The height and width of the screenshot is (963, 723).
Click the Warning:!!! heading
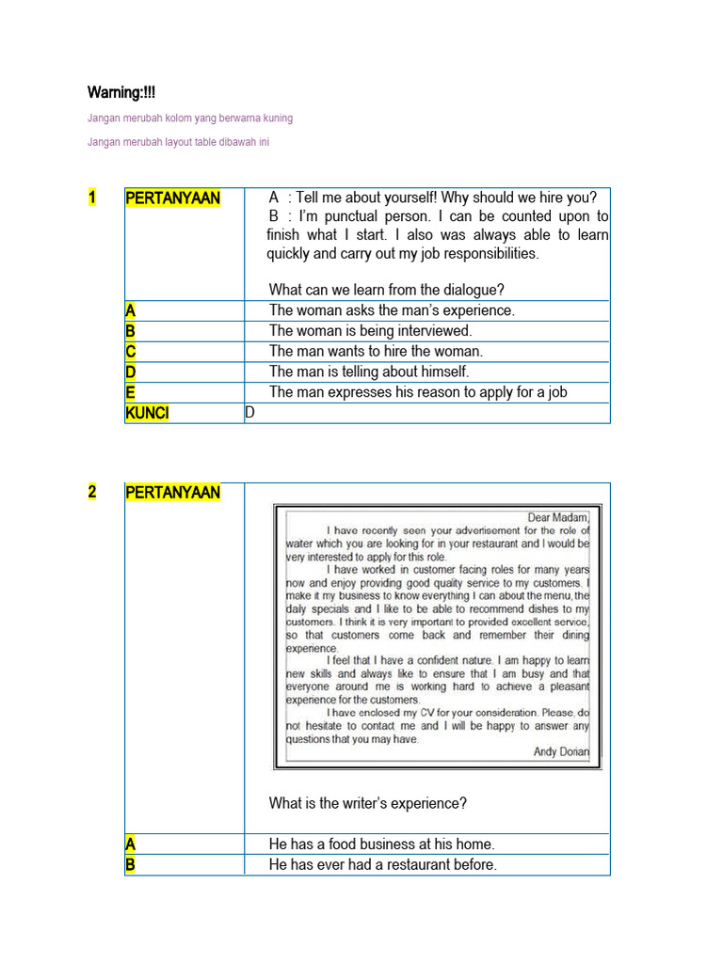[x=121, y=92]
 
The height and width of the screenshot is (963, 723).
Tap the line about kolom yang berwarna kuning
[x=189, y=118]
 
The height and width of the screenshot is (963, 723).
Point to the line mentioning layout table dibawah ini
[x=178, y=142]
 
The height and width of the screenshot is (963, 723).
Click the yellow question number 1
[x=92, y=197]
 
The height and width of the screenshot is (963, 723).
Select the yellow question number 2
[x=92, y=492]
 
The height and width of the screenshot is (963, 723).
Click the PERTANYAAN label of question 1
[x=172, y=197]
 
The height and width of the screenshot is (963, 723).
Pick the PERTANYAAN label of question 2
[x=172, y=492]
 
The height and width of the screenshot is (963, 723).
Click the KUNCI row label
[x=148, y=413]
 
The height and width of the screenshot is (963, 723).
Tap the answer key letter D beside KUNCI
[x=249, y=413]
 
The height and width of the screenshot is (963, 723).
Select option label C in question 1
[x=131, y=351]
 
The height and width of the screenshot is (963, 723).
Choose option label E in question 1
[x=131, y=392]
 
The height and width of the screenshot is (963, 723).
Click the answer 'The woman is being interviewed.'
[x=370, y=330]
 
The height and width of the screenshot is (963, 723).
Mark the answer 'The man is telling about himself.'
[x=369, y=371]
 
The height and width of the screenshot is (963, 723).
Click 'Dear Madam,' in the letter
[x=558, y=516]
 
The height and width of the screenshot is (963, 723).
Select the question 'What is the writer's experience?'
[x=367, y=803]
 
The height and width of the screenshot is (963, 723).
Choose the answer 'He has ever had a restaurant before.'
[x=382, y=864]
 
